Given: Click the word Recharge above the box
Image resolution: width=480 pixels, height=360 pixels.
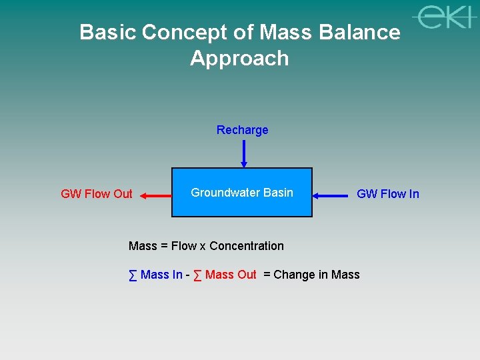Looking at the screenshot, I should (242, 130).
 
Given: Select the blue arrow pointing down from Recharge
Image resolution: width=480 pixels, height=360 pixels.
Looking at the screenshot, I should (244, 153).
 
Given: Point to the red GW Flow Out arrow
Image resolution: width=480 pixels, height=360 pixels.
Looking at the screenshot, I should (155, 195).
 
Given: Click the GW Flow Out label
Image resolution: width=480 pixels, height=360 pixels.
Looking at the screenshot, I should (97, 194).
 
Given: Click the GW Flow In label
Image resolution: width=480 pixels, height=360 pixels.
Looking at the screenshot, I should (387, 194).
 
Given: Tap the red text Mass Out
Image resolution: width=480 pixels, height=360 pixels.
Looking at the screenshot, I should (231, 275).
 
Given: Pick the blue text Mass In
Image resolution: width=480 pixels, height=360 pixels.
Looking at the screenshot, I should (161, 275).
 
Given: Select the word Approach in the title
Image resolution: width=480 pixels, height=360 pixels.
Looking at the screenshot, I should (239, 58).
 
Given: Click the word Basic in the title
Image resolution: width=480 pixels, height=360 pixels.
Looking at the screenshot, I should (108, 32).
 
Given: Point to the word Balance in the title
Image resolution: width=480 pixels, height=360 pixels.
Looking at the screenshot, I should (360, 32).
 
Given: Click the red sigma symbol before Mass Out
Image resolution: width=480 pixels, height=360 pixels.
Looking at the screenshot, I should (198, 275).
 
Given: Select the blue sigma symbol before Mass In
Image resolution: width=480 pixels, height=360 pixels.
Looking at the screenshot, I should (133, 275).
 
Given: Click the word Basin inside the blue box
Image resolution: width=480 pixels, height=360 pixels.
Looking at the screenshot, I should (278, 193).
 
